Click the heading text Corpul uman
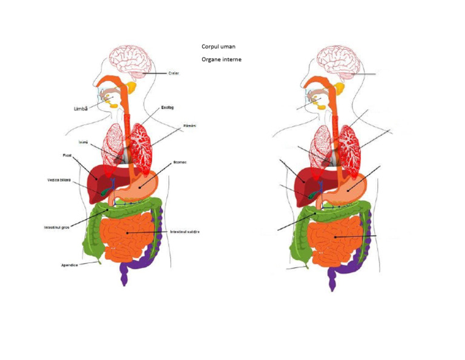pyautogui.click(x=219, y=46)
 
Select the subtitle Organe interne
pyautogui.click(x=222, y=59)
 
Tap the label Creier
pyautogui.click(x=174, y=73)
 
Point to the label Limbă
pyautogui.click(x=79, y=108)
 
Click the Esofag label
pyautogui.click(x=168, y=107)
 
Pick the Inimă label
pyautogui.click(x=84, y=142)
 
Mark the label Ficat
pyautogui.click(x=67, y=156)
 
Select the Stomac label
pyautogui.click(x=179, y=162)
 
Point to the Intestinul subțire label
pyautogui.click(x=185, y=232)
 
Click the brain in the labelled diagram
pyautogui.click(x=130, y=62)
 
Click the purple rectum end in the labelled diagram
pyautogui.click(x=124, y=275)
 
